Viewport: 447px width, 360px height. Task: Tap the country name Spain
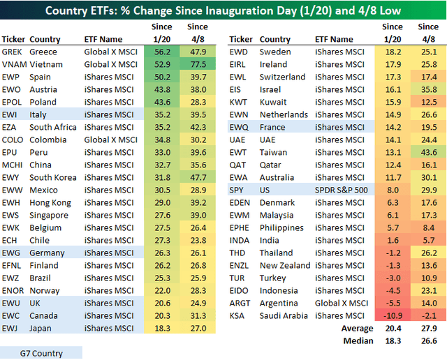[41, 77]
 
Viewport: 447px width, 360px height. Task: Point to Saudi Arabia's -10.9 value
[393, 315]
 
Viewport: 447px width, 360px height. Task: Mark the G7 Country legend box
[41, 352]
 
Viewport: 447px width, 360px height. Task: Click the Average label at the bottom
[356, 328]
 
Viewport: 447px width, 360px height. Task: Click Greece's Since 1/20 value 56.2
[162, 52]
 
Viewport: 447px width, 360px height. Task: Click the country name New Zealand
[284, 265]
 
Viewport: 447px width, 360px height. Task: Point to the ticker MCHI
[13, 165]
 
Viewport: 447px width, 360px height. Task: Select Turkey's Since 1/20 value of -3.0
[393, 278]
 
